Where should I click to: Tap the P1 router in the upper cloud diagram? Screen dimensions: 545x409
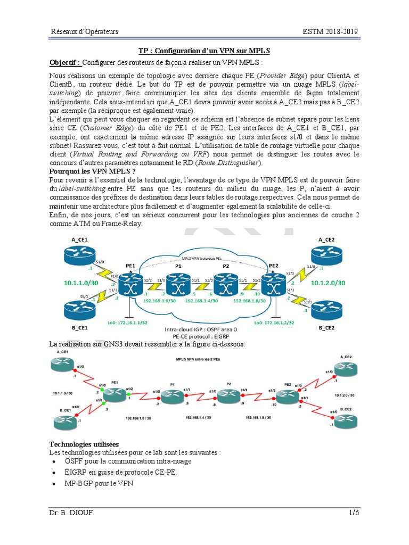point(178,285)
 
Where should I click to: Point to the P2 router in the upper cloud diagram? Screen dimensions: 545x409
point(225,285)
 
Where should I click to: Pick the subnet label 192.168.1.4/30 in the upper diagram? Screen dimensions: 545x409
point(202,301)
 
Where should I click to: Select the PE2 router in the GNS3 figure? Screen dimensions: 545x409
point(287,395)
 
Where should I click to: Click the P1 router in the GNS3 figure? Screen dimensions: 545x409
point(172,395)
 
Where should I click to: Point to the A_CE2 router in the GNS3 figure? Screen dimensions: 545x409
point(345,369)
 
